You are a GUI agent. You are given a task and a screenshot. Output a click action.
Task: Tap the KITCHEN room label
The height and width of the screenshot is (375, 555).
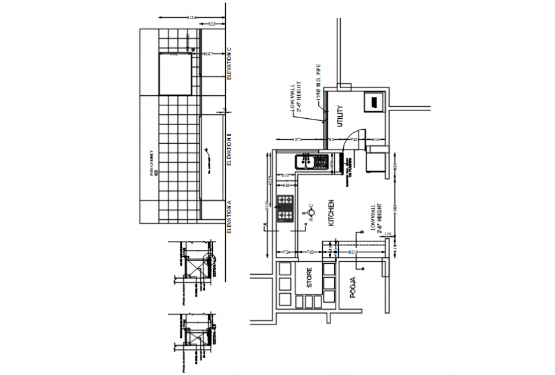[331, 213]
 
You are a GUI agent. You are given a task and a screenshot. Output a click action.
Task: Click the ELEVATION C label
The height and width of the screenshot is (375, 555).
[229, 63]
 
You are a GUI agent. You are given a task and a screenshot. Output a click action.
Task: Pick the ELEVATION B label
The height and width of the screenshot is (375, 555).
[229, 151]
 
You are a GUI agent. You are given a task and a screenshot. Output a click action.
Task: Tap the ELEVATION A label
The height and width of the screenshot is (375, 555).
[229, 218]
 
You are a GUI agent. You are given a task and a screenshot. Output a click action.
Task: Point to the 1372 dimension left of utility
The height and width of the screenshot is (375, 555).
[297, 139]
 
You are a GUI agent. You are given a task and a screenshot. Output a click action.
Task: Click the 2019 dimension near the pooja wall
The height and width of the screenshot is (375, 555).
[355, 253]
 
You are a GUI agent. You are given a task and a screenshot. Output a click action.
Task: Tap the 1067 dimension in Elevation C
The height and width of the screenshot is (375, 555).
[207, 54]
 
